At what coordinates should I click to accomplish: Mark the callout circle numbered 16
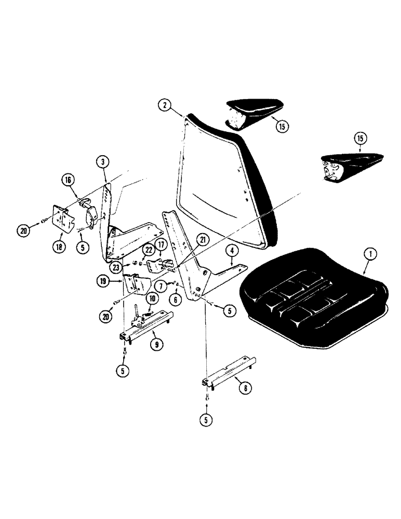pos(68,181)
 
